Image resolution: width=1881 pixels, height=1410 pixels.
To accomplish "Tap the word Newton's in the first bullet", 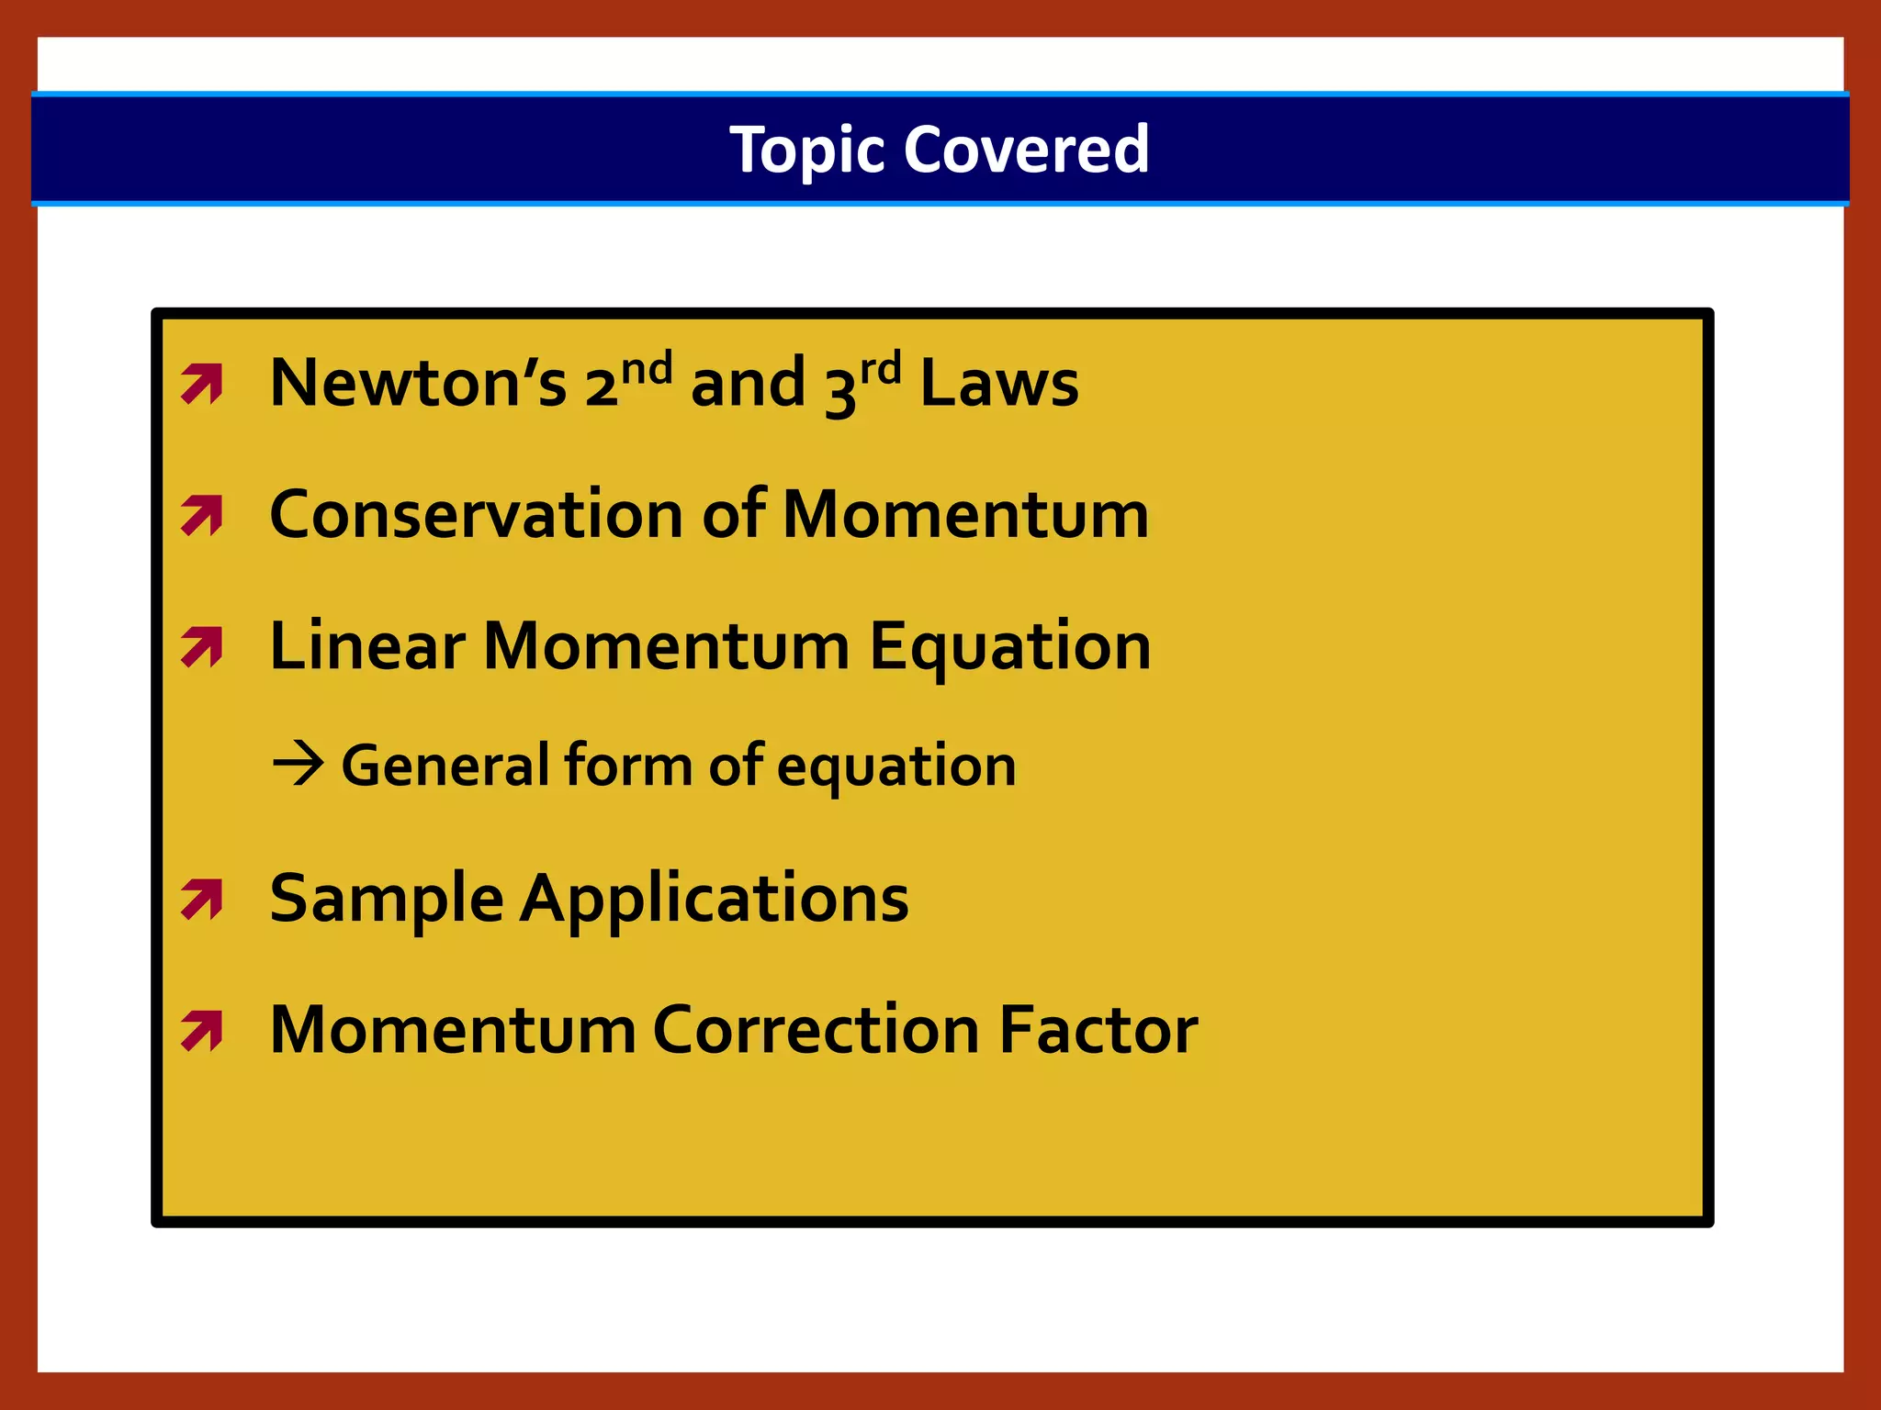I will point(418,383).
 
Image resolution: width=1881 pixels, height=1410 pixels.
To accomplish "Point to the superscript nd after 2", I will point(647,369).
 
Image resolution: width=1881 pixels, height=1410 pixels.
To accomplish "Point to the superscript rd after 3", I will point(881,369).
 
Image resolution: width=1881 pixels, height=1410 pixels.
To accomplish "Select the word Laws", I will point(999,383).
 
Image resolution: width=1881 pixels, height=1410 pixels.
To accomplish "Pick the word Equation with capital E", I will point(1009,648).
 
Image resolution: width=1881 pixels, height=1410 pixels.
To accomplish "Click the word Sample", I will point(387,900).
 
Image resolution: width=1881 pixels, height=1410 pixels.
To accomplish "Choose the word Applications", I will point(715,900).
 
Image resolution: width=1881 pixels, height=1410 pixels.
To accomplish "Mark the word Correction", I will point(817,1030).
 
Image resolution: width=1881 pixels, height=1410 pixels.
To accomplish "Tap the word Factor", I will point(1098,1030).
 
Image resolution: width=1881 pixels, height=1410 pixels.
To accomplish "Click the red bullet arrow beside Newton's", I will point(202,385).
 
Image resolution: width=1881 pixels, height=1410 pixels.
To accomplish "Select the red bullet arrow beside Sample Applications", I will point(202,900).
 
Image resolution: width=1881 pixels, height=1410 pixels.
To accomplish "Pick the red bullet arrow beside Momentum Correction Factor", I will point(202,1030).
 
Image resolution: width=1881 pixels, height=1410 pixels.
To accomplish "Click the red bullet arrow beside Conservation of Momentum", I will point(202,515).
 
